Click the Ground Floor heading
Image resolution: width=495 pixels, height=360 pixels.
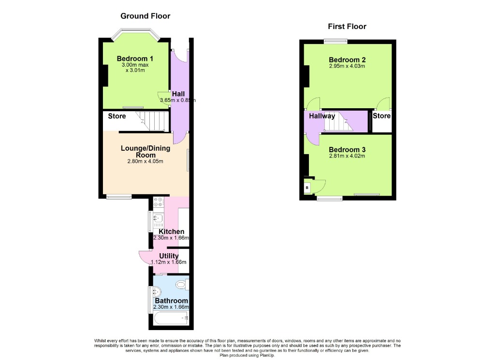[x=145, y=16]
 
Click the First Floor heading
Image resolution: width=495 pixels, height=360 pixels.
[x=347, y=27]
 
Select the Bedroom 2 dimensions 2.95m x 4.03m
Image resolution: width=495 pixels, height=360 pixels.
[x=347, y=66]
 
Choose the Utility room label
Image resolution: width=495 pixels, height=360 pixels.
[x=168, y=256]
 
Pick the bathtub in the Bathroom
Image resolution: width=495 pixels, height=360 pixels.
[x=171, y=318]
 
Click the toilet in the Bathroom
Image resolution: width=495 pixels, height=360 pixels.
[x=182, y=285]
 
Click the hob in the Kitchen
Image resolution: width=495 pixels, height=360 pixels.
[x=158, y=202]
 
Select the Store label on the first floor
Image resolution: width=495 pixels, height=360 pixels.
[x=381, y=116]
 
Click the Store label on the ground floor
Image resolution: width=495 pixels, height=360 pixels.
[x=116, y=116]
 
